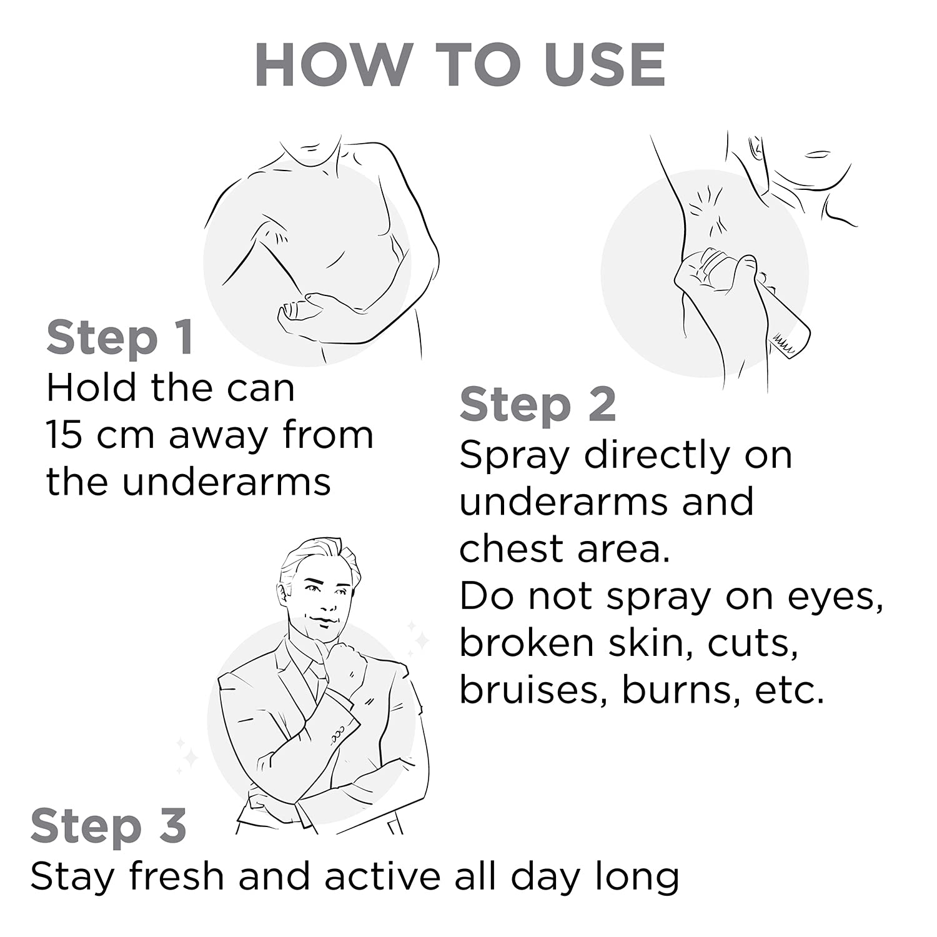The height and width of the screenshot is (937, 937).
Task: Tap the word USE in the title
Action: (605, 64)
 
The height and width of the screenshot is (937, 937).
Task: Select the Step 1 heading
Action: (120, 337)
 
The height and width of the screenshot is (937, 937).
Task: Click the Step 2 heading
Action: (538, 405)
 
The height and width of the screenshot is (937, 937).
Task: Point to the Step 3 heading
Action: (109, 826)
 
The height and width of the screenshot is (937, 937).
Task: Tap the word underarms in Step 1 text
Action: (226, 482)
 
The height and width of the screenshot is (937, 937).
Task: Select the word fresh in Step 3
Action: (177, 876)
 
